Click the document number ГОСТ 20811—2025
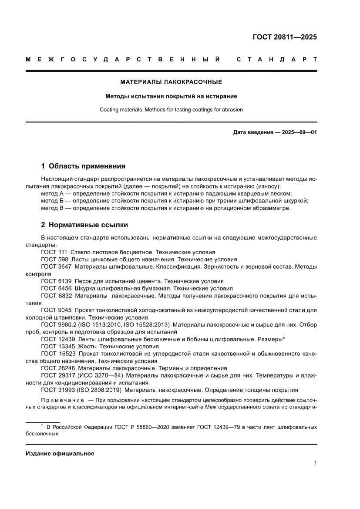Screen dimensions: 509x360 (285, 37)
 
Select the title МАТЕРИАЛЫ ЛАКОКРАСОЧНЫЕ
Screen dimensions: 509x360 (171, 81)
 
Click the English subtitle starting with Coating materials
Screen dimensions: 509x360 (171, 110)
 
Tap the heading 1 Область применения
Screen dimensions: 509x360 (83, 166)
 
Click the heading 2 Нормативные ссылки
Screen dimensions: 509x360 (84, 225)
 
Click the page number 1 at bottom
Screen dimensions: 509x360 (315, 463)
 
